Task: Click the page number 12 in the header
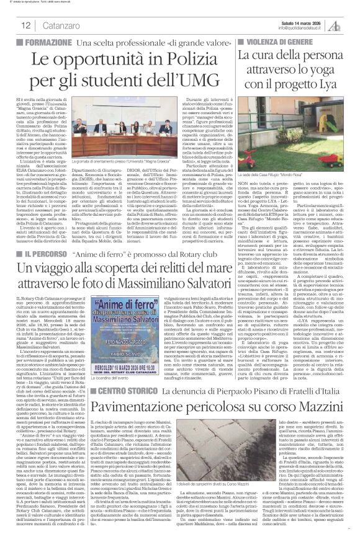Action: tap(26, 25)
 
